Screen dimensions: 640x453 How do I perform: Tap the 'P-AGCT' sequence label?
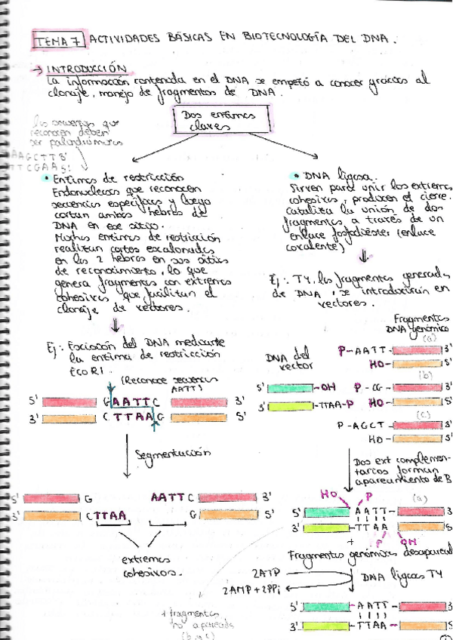pos(368,425)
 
